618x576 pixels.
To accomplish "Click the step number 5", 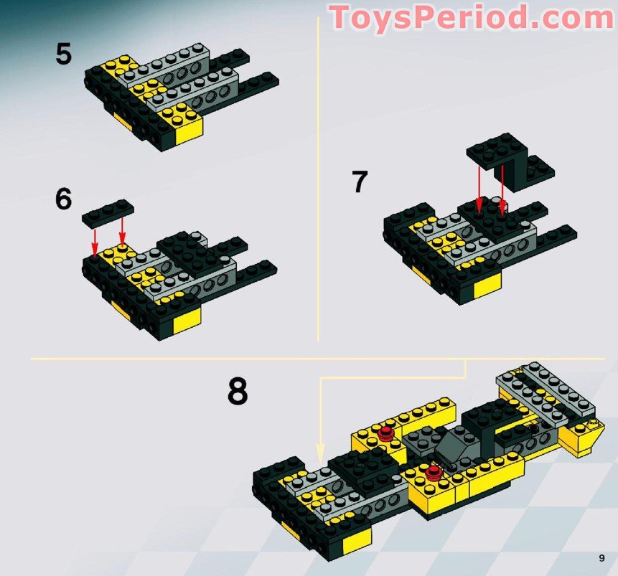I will click(64, 54).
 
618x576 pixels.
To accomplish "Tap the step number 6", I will click(64, 199).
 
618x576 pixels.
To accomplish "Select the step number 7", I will click(360, 181).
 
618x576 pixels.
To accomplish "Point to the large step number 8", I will click(238, 392).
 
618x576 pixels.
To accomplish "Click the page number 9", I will click(601, 557).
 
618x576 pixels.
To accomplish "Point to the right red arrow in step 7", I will click(502, 189).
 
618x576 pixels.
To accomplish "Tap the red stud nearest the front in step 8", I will click(433, 472).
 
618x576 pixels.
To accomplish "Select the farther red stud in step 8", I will click(387, 432).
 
